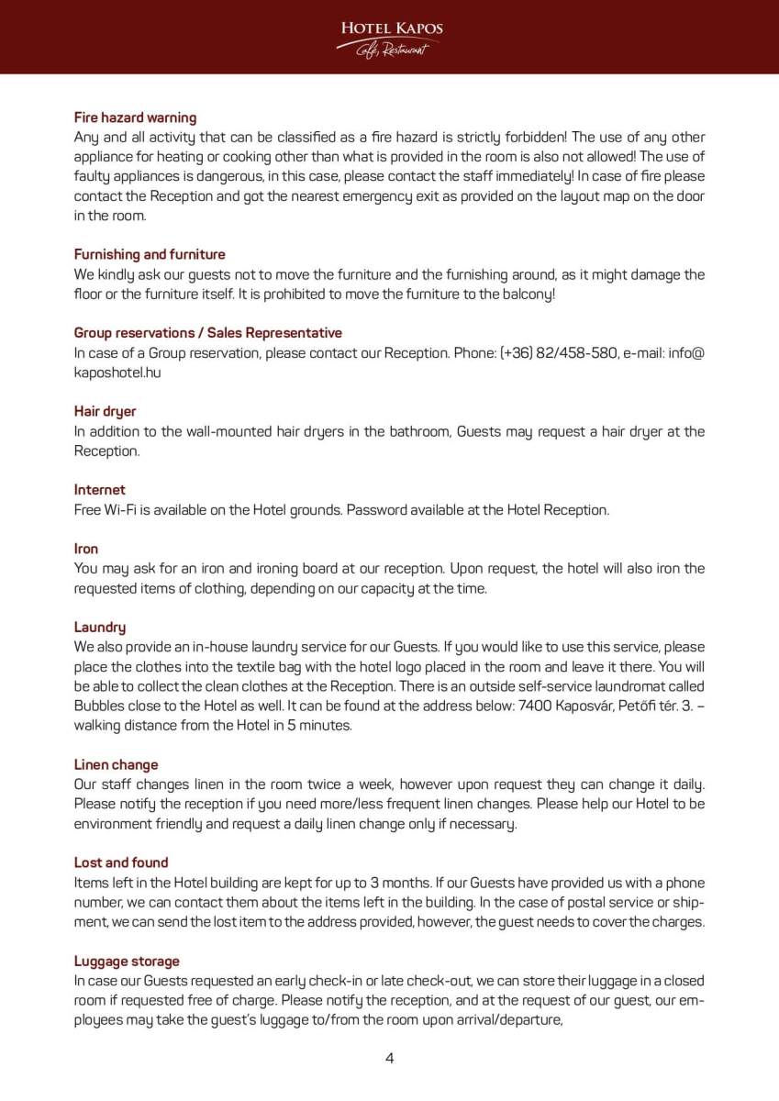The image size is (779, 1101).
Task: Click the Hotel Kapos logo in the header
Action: point(390,38)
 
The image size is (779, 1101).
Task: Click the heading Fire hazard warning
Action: point(135,117)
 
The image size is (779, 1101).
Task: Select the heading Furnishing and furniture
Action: point(150,254)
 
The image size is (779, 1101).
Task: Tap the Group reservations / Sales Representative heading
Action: point(207,333)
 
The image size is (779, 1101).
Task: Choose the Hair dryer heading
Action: point(105,411)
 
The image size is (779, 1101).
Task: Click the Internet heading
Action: point(99,490)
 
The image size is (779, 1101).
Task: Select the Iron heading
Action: point(86,549)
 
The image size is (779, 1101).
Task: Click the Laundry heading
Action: point(100,628)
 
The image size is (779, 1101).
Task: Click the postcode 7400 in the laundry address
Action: point(535,706)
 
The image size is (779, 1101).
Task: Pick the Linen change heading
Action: point(116,764)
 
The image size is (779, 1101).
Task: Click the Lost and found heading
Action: point(121,862)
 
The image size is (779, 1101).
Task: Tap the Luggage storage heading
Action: point(127,961)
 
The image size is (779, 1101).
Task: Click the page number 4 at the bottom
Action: point(389,1058)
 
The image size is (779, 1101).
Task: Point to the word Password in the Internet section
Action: point(377,510)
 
